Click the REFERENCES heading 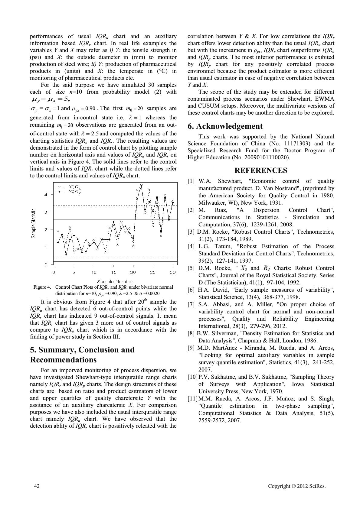261,170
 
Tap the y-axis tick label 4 46,195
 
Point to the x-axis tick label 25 153,272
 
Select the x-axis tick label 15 113,272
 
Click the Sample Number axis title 115,282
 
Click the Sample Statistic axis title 34,223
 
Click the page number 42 37,486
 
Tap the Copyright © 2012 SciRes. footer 297,486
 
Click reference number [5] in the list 191,268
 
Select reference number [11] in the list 192,399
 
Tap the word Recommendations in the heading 63,360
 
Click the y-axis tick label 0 46,265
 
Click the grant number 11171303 295,144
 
